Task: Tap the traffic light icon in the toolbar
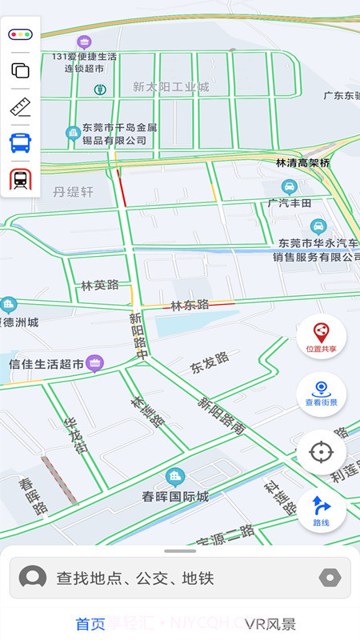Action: pyautogui.click(x=20, y=34)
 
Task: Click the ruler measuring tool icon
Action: pyautogui.click(x=20, y=107)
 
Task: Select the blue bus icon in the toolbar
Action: pyautogui.click(x=20, y=143)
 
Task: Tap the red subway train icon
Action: pyautogui.click(x=20, y=179)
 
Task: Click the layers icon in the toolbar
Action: pyautogui.click(x=20, y=70)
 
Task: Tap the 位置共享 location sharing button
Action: pyautogui.click(x=321, y=336)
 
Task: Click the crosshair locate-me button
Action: pyautogui.click(x=321, y=452)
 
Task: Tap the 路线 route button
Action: pyautogui.click(x=321, y=510)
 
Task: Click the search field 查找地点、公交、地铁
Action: pyautogui.click(x=180, y=578)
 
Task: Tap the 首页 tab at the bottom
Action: pyautogui.click(x=90, y=624)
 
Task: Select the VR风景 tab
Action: pyautogui.click(x=270, y=624)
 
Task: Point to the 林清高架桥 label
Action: pyautogui.click(x=303, y=162)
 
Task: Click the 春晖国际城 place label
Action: pyautogui.click(x=175, y=496)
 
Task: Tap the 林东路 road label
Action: pyautogui.click(x=190, y=305)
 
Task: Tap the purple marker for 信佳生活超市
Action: pyautogui.click(x=95, y=363)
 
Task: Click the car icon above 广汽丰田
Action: pyautogui.click(x=290, y=187)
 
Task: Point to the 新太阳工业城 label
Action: pyautogui.click(x=170, y=86)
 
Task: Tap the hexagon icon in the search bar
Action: pyautogui.click(x=330, y=578)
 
